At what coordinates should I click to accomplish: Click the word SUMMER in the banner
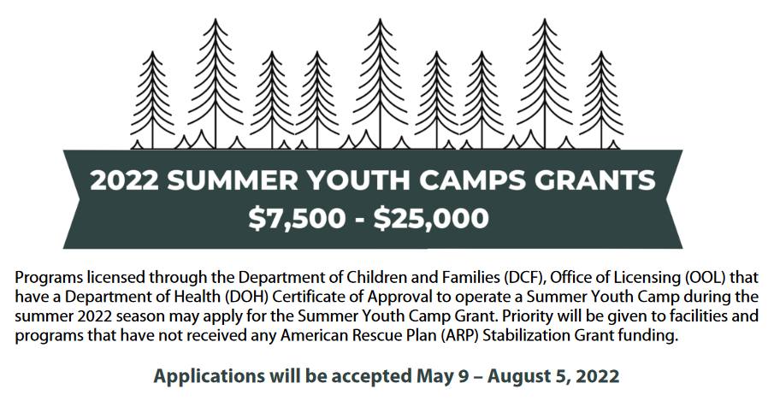(x=233, y=180)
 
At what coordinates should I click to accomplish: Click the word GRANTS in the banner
(x=595, y=180)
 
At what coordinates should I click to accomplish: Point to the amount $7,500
(x=297, y=218)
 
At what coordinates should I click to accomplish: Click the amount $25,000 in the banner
(x=431, y=218)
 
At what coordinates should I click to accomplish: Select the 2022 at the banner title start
(x=124, y=180)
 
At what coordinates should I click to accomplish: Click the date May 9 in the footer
(x=442, y=376)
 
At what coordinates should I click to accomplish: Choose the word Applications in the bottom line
(x=210, y=376)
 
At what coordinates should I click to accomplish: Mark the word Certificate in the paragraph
(x=305, y=297)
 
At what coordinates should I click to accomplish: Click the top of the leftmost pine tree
(x=152, y=50)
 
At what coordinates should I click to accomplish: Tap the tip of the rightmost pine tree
(x=600, y=50)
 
